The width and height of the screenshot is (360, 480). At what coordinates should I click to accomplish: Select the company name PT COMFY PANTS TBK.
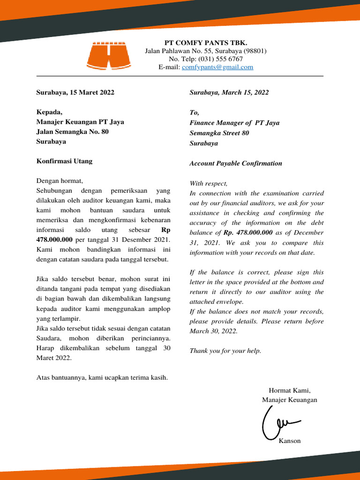pyautogui.click(x=205, y=43)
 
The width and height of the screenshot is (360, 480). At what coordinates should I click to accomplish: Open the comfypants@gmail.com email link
pyautogui.click(x=217, y=67)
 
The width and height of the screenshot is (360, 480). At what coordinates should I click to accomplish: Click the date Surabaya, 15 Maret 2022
pyautogui.click(x=75, y=92)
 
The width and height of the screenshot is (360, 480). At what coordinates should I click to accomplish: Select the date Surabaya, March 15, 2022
pyautogui.click(x=229, y=92)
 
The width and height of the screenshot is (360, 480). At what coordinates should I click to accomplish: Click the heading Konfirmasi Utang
pyautogui.click(x=64, y=161)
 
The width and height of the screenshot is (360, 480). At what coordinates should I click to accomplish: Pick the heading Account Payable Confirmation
pyautogui.click(x=235, y=164)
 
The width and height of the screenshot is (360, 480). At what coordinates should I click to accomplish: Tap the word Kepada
pyautogui.click(x=49, y=112)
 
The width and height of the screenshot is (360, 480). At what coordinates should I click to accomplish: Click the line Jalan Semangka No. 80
pyautogui.click(x=72, y=132)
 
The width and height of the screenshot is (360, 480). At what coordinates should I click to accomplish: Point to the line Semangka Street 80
pyautogui.click(x=219, y=133)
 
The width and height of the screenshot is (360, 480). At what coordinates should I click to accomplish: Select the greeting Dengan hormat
pyautogui.click(x=59, y=181)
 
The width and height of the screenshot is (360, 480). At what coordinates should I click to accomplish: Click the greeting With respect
pyautogui.click(x=208, y=183)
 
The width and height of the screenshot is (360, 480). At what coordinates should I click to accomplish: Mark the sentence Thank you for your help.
pyautogui.click(x=225, y=351)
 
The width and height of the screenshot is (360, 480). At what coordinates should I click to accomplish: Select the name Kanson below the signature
pyautogui.click(x=289, y=441)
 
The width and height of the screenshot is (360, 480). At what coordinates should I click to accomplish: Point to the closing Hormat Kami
pyautogui.click(x=289, y=390)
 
